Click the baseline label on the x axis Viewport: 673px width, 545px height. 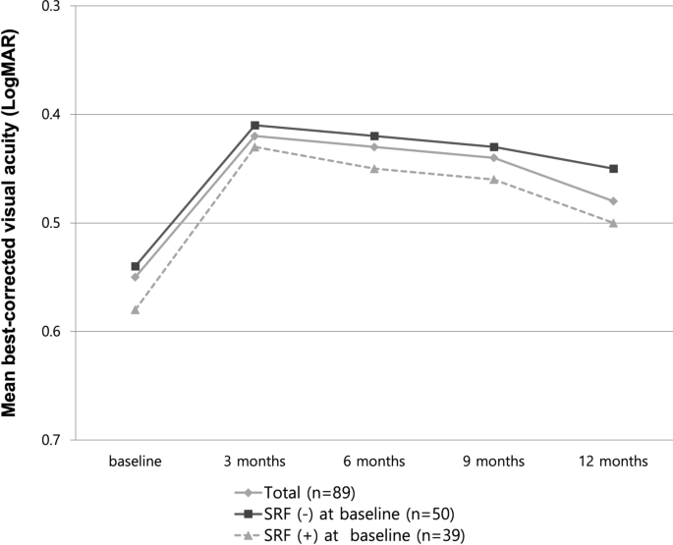point(136,461)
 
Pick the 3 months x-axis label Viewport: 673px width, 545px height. point(254,461)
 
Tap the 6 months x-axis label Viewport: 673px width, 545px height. point(374,461)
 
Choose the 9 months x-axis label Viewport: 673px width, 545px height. point(494,461)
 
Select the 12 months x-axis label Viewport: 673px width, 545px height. point(613,461)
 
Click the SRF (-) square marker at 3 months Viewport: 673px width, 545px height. point(254,126)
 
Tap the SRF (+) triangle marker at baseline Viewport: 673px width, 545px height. point(136,309)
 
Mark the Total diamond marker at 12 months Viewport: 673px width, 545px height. point(613,201)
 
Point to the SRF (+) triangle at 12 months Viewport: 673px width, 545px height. point(613,223)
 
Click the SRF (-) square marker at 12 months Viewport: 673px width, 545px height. point(613,169)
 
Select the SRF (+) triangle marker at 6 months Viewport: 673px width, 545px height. point(374,168)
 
